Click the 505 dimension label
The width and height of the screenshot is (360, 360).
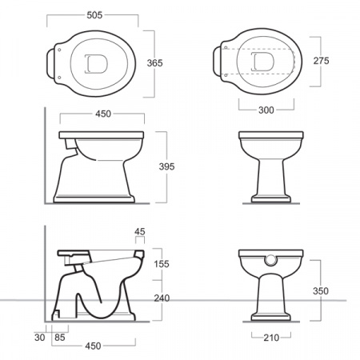94,15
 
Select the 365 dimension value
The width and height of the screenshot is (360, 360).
154,63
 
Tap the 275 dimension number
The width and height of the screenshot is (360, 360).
321,61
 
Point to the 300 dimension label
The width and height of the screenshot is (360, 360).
266,110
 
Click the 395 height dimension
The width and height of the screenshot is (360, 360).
166,166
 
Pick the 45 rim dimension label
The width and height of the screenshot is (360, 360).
140,231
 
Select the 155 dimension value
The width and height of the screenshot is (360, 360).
162,264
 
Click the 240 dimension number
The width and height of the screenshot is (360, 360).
162,298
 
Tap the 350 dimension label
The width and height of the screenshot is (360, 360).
321,291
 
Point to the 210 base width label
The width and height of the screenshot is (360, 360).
271,338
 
